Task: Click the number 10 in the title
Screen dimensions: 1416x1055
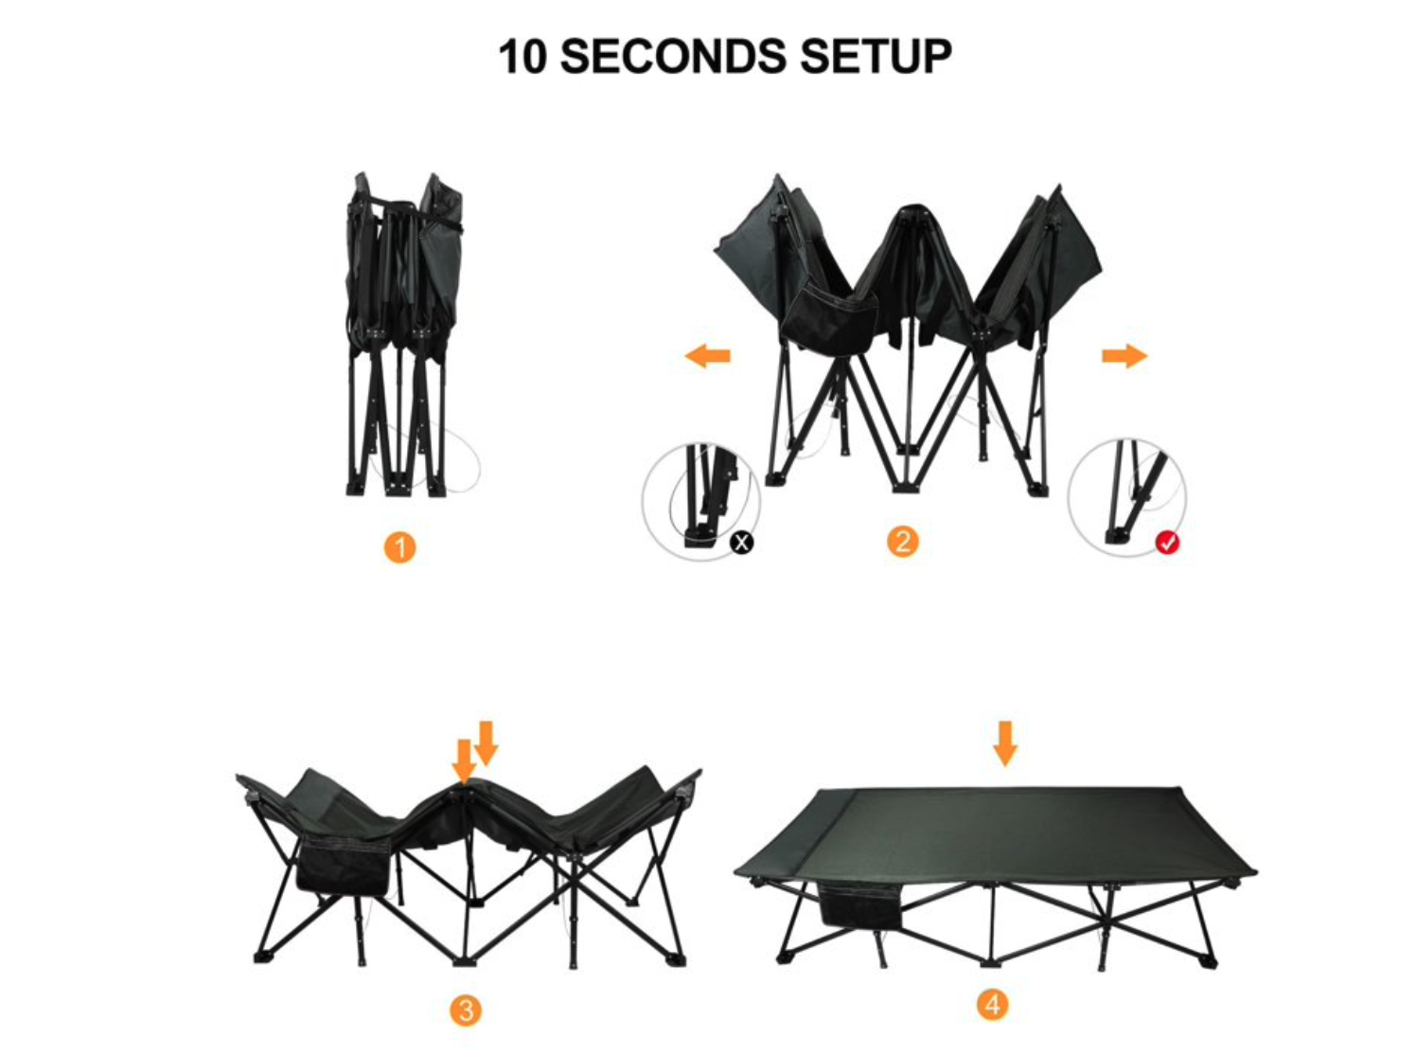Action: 522,57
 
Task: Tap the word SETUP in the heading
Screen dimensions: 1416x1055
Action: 876,56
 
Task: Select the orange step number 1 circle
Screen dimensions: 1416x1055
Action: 399,547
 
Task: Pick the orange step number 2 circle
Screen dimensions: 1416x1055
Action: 903,542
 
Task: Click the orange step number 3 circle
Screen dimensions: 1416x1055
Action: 466,1010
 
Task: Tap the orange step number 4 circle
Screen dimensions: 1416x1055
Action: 993,1005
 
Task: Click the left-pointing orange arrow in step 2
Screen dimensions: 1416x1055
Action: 707,355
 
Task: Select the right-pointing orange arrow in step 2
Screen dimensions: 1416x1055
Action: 1124,356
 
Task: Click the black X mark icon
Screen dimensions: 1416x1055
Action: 741,543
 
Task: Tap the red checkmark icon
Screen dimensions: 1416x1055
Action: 1168,543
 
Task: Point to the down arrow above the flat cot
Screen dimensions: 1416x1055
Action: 1005,743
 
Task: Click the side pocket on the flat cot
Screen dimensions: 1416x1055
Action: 859,905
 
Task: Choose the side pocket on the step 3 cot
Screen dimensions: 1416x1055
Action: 343,865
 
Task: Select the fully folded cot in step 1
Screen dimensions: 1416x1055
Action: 405,334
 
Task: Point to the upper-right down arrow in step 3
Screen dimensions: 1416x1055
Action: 486,743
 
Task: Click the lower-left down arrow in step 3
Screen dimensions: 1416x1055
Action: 464,761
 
